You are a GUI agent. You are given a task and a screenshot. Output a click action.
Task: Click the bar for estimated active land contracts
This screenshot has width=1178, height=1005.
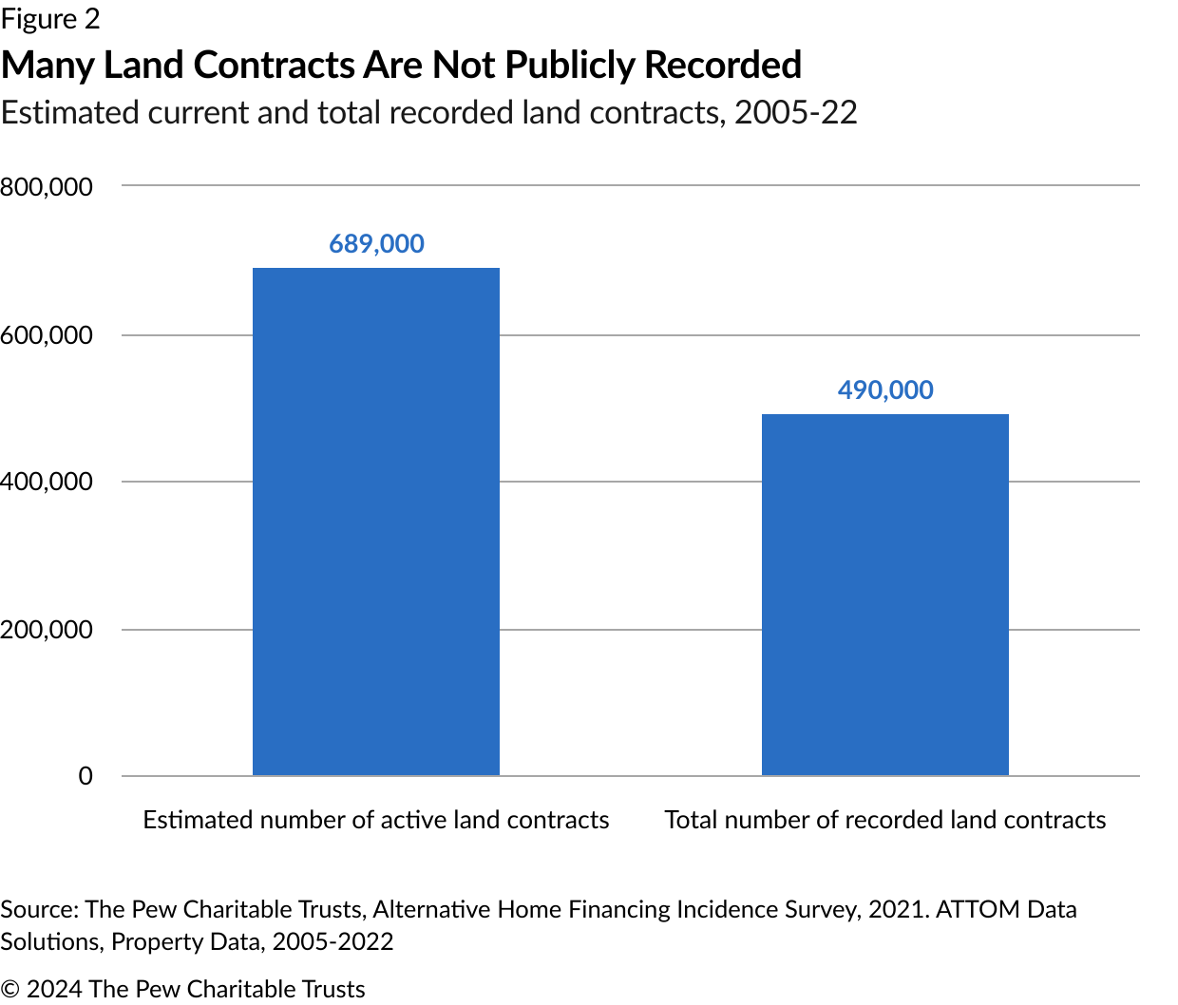pyautogui.click(x=376, y=521)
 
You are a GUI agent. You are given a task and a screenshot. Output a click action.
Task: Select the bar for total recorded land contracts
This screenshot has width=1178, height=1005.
pyautogui.click(x=884, y=595)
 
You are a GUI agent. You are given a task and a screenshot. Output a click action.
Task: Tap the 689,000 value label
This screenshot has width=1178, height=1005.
pyautogui.click(x=376, y=244)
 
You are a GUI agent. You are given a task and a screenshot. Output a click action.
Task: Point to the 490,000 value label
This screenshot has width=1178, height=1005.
pyautogui.click(x=885, y=390)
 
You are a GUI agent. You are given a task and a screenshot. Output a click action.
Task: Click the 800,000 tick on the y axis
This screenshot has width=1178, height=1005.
pyautogui.click(x=47, y=187)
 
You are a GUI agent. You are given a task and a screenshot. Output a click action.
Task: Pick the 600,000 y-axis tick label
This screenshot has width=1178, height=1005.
pyautogui.click(x=47, y=335)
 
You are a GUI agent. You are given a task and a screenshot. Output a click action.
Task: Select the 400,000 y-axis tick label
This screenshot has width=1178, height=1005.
pyautogui.click(x=47, y=482)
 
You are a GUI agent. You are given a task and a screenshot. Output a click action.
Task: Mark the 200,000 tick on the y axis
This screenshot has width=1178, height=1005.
pyautogui.click(x=47, y=630)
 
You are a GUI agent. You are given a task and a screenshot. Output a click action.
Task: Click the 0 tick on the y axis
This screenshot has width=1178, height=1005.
pyautogui.click(x=85, y=776)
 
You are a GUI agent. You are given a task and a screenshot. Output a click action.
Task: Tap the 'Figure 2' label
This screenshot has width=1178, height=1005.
pyautogui.click(x=50, y=19)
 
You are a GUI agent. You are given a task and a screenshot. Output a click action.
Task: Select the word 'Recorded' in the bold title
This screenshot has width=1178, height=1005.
pyautogui.click(x=723, y=66)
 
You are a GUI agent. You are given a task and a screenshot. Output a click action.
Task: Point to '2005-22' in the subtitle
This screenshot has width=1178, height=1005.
pyautogui.click(x=796, y=112)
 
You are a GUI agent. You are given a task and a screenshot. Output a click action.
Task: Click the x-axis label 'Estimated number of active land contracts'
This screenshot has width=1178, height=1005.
pyautogui.click(x=376, y=820)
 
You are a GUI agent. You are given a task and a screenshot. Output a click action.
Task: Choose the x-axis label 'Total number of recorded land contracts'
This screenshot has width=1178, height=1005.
pyautogui.click(x=885, y=820)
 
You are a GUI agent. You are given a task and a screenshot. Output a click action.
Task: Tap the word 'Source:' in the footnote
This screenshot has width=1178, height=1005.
pyautogui.click(x=39, y=909)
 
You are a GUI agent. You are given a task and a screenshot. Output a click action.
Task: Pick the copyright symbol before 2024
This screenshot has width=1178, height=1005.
pyautogui.click(x=10, y=989)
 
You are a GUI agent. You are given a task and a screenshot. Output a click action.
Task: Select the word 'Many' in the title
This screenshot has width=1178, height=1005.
pyautogui.click(x=47, y=66)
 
